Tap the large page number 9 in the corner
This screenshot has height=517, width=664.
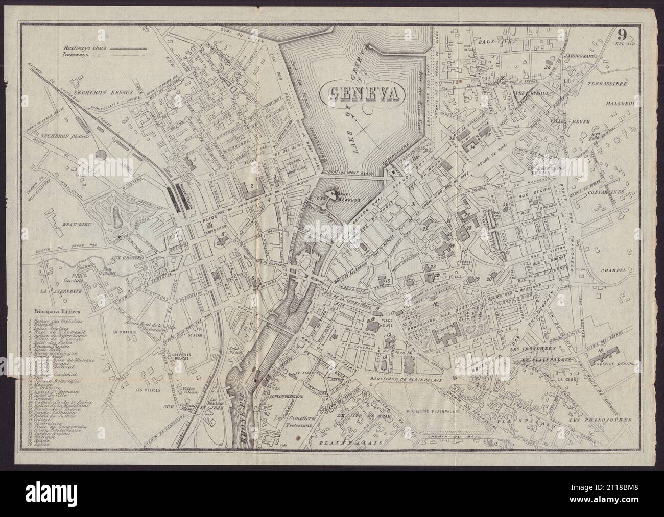(622, 35)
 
